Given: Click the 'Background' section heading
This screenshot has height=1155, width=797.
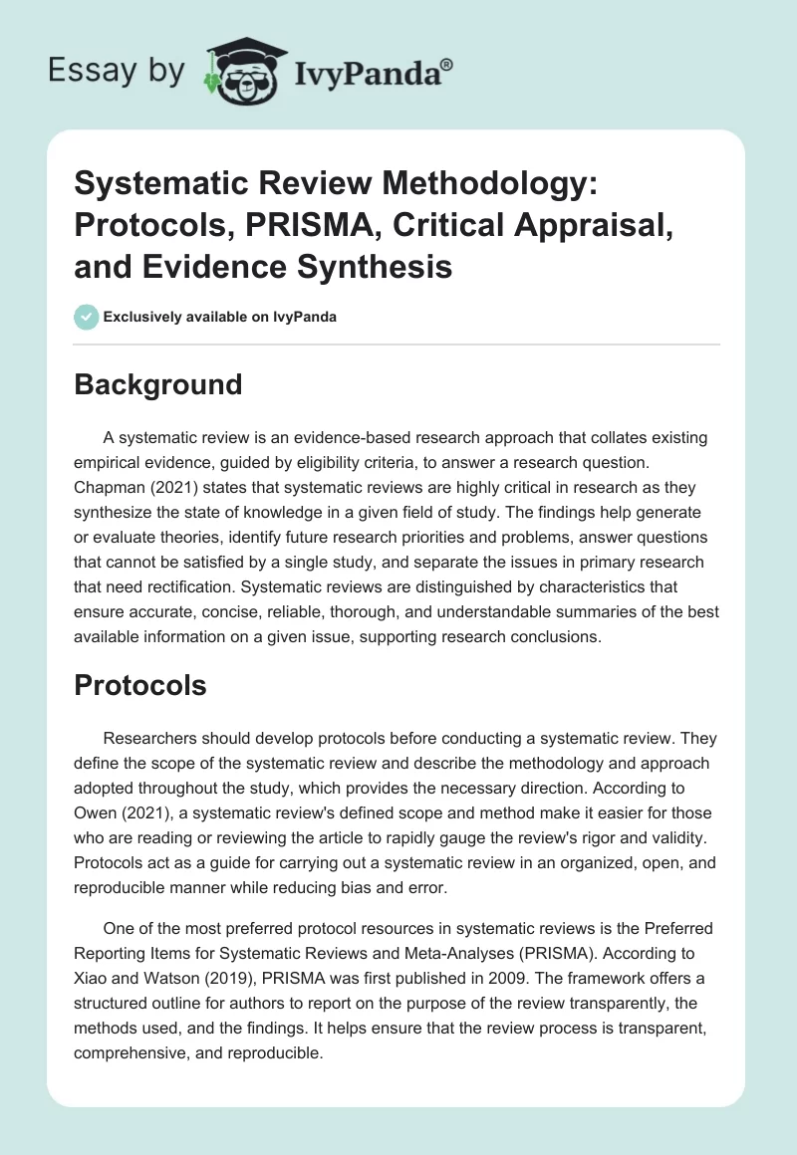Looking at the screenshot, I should [157, 384].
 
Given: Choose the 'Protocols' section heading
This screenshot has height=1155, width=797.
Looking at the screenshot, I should [140, 685].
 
